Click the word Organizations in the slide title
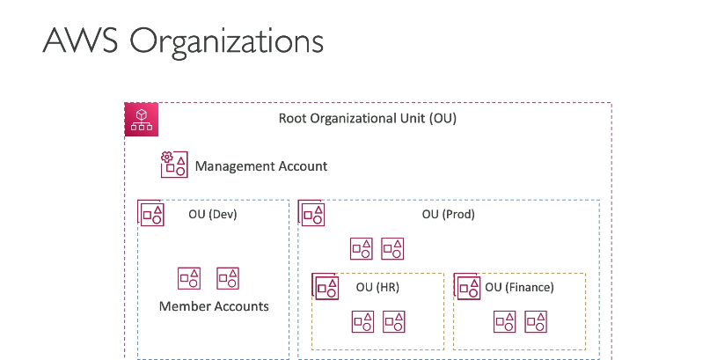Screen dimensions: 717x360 (x=226, y=42)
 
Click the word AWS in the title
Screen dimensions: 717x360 (x=80, y=40)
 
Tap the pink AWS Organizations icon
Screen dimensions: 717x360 (x=142, y=120)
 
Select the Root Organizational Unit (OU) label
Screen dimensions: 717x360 (x=368, y=119)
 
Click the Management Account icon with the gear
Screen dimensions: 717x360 (x=174, y=165)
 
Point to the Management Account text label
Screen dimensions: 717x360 (x=261, y=166)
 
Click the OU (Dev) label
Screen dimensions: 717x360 (x=213, y=214)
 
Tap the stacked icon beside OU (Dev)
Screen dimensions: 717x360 (x=151, y=213)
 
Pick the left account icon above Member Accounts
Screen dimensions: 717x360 (x=189, y=278)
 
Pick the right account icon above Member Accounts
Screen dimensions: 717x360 (x=228, y=278)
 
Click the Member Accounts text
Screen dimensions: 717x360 (x=214, y=306)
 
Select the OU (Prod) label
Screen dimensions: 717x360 (x=448, y=214)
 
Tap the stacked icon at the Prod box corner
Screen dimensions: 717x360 (x=311, y=213)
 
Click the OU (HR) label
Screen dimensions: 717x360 (x=377, y=287)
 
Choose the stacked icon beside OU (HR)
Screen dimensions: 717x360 (x=326, y=287)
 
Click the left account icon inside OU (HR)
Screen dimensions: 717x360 (x=363, y=321)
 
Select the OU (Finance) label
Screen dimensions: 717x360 (x=519, y=287)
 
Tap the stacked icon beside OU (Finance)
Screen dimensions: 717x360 (x=467, y=287)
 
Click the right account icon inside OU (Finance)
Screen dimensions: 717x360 (x=536, y=321)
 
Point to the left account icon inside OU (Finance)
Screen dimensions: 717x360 (x=505, y=321)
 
